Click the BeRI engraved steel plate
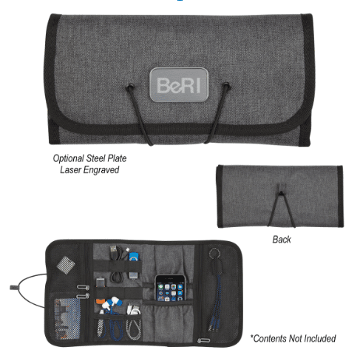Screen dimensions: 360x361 coord(179,85)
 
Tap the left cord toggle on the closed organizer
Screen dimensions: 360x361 coord(130,87)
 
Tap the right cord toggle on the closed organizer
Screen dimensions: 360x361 coord(226,86)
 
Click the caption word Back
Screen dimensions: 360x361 coord(282,240)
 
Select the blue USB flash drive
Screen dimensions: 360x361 coord(134,257)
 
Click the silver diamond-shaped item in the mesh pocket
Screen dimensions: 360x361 coord(66,265)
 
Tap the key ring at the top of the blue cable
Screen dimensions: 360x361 coord(213,253)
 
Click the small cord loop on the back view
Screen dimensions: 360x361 coord(281,188)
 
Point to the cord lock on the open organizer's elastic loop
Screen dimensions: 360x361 coord(13,287)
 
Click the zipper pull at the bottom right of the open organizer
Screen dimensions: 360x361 coord(203,340)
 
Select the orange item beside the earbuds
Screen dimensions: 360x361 coord(100,302)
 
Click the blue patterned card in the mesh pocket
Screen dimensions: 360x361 coord(67,318)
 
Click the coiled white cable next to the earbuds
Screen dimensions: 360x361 coord(133,310)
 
